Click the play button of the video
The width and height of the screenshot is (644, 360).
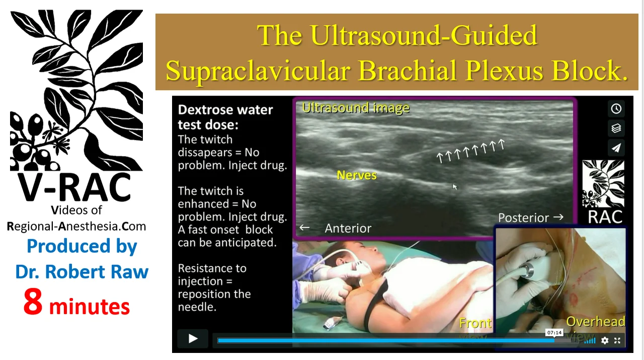pyautogui.click(x=193, y=339)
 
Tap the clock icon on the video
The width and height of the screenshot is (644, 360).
pyautogui.click(x=616, y=108)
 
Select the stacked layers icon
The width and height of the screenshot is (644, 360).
pyautogui.click(x=616, y=128)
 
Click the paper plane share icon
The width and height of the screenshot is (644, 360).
pyautogui.click(x=616, y=148)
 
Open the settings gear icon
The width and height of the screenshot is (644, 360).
pyautogui.click(x=605, y=340)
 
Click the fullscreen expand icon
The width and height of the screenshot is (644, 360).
pyautogui.click(x=617, y=340)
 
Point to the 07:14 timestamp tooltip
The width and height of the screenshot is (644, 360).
pyautogui.click(x=554, y=333)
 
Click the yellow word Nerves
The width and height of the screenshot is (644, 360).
pyautogui.click(x=357, y=175)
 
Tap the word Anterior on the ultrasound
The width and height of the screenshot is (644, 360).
pyautogui.click(x=348, y=229)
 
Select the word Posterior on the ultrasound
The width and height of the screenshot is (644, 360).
pyautogui.click(x=524, y=218)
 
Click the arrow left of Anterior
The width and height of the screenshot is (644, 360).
pyautogui.click(x=304, y=228)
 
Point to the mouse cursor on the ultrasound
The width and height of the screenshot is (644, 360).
pyautogui.click(x=454, y=187)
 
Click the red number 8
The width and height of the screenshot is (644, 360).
pyautogui.click(x=33, y=302)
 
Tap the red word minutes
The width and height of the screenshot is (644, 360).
pyautogui.click(x=90, y=307)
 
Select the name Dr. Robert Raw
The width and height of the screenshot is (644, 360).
pyautogui.click(x=82, y=272)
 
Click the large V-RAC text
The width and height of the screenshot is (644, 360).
pyautogui.click(x=74, y=188)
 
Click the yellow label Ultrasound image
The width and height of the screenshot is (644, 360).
pyautogui.click(x=356, y=108)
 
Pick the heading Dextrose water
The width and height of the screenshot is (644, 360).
pyautogui.click(x=225, y=110)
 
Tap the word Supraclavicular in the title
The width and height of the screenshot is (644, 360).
pyautogui.click(x=259, y=71)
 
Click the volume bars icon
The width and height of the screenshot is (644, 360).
pyautogui.click(x=590, y=341)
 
